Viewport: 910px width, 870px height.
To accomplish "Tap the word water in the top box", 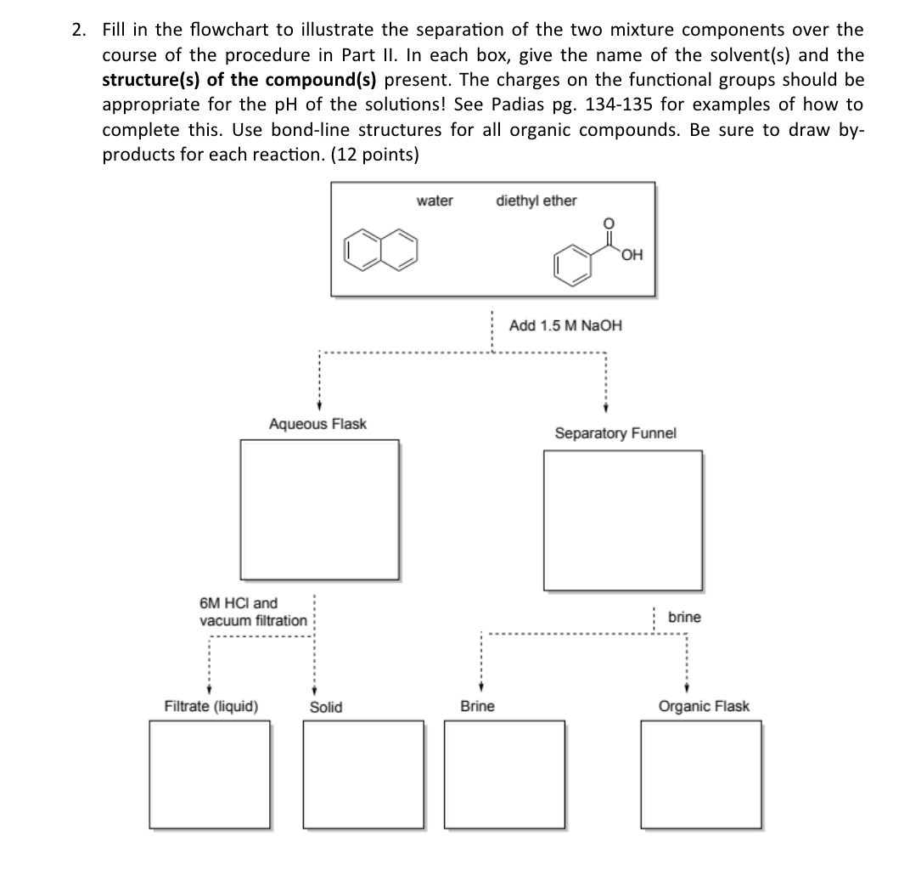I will point(435,201).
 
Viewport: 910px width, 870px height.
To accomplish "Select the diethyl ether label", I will point(536,201).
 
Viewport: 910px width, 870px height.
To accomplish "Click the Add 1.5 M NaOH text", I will point(565,325).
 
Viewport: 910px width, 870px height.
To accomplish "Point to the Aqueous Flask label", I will point(317,423).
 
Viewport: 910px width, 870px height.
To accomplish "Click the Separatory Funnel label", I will point(615,433).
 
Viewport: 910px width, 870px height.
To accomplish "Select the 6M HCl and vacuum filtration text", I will point(253,612).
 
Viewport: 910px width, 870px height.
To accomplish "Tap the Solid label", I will point(326,707).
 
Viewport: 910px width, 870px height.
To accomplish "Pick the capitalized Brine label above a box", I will point(477,707).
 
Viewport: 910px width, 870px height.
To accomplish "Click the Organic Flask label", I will point(704,707).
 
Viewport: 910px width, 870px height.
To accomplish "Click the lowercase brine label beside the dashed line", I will point(684,618).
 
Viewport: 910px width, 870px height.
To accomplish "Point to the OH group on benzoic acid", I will point(631,253).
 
